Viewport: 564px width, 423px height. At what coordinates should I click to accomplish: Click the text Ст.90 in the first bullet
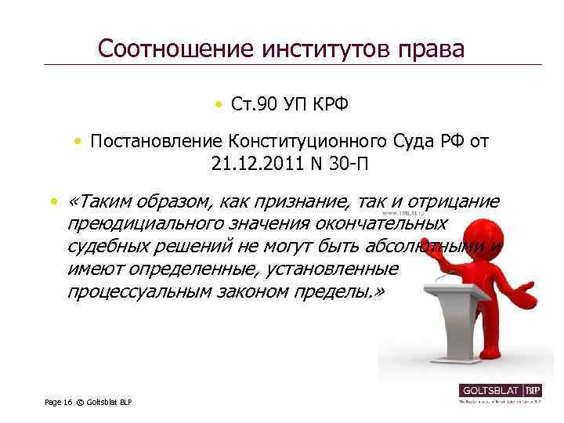click(x=251, y=104)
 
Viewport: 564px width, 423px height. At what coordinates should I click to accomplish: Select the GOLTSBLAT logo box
click(x=500, y=390)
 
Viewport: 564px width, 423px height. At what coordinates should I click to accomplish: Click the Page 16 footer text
click(x=57, y=402)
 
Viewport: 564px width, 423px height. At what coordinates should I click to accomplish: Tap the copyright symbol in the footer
click(x=79, y=402)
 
